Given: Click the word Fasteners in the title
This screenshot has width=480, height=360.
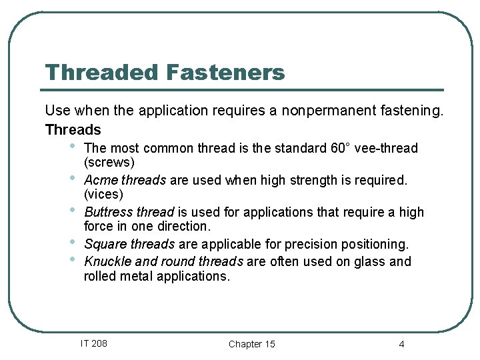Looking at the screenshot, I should point(225,72).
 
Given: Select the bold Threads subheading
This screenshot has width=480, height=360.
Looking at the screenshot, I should point(73,129).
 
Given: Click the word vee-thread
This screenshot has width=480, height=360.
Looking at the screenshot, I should point(390,148).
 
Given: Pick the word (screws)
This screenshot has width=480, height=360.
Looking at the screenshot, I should point(109,163).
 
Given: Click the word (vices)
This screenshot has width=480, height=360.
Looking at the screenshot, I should point(104,195).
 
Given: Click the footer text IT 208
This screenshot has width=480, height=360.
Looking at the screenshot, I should point(93,343).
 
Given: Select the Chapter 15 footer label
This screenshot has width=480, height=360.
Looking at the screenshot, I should point(251,344).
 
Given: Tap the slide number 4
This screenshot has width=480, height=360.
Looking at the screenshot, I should point(401,344).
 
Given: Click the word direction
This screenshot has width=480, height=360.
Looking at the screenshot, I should point(183,227).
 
